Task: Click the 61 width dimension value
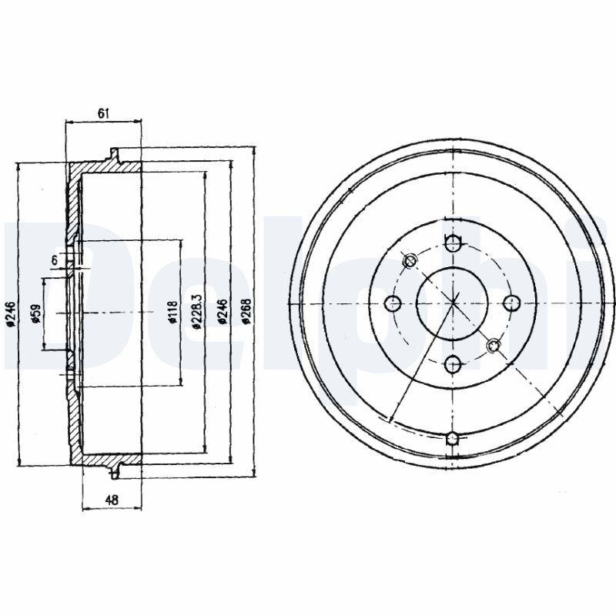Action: [x=103, y=113]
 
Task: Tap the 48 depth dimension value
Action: [x=112, y=500]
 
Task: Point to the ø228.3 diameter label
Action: [x=196, y=312]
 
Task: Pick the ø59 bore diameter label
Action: [x=35, y=316]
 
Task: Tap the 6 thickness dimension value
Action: [x=55, y=260]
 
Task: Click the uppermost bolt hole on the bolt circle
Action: [x=453, y=245]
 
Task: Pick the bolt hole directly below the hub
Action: [x=453, y=362]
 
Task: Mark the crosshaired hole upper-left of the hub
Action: [x=410, y=260]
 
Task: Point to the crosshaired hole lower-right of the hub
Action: [x=494, y=345]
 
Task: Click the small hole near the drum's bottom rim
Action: [x=453, y=440]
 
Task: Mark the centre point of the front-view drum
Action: [x=453, y=303]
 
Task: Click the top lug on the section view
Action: [x=115, y=155]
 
